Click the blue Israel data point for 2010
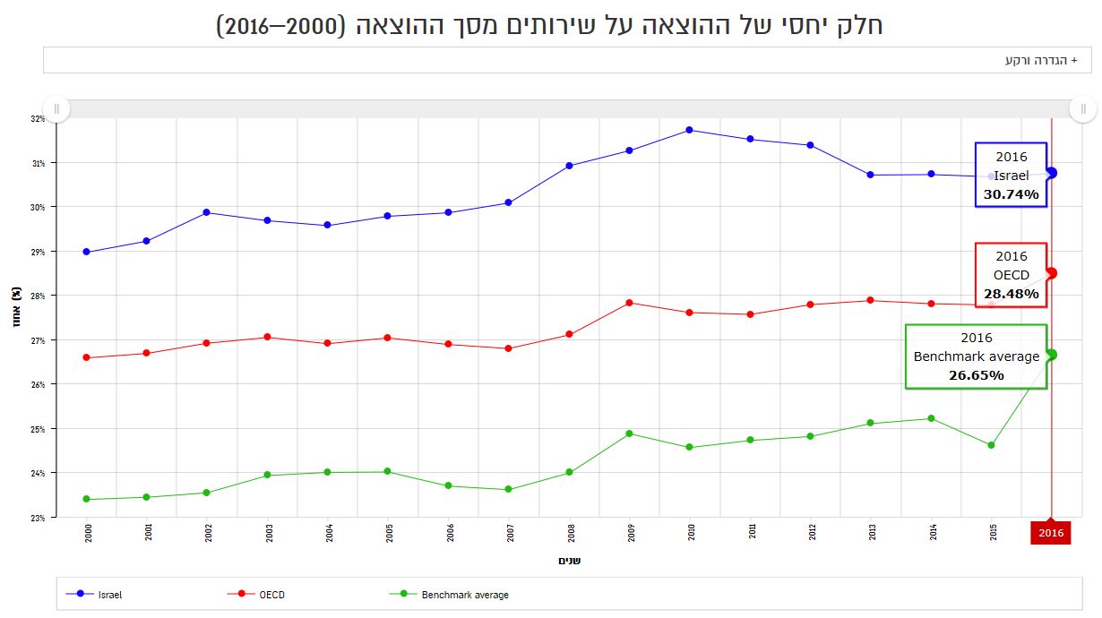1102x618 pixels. (x=689, y=130)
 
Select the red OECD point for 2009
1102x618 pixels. (x=629, y=303)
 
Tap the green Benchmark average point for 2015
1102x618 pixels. (x=991, y=445)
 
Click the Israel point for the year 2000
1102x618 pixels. (x=86, y=252)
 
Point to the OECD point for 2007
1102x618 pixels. (x=508, y=348)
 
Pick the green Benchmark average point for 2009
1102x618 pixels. (x=629, y=433)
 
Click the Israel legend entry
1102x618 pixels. (x=109, y=595)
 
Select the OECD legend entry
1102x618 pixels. (x=271, y=595)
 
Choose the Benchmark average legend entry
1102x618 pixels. (x=464, y=595)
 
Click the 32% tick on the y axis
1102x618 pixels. (x=38, y=118)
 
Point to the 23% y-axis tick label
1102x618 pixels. (x=38, y=518)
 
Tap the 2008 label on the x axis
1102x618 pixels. (x=571, y=533)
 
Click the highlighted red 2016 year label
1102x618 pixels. (x=1050, y=533)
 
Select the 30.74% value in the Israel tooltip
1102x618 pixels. (x=1011, y=193)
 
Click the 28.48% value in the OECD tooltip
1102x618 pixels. (x=1011, y=294)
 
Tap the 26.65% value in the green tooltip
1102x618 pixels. (x=976, y=375)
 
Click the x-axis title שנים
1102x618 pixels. (x=569, y=561)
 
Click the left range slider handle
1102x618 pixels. (x=56, y=109)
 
